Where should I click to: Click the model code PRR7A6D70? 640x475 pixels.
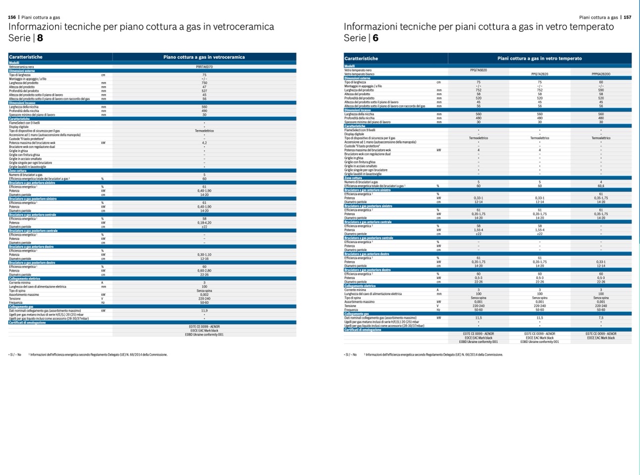tap(204, 67)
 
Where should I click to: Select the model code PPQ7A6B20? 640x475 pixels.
tap(478, 70)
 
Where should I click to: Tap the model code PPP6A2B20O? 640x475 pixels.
tap(601, 74)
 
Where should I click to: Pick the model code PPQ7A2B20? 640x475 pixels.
tap(539, 74)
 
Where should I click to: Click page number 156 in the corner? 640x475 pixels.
tap(12, 17)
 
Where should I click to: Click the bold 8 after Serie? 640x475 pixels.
tap(40, 38)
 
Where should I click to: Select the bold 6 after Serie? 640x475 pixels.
tap(375, 38)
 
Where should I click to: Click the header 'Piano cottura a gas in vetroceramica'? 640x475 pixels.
tap(204, 57)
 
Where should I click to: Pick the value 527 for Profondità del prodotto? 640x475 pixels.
tap(204, 91)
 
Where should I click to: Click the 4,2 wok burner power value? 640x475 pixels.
tap(204, 143)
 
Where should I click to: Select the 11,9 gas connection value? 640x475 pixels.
tap(204, 311)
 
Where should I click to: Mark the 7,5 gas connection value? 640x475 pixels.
tap(601, 318)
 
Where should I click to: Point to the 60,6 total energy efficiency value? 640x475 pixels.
tap(601, 186)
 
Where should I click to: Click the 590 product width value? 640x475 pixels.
tap(601, 90)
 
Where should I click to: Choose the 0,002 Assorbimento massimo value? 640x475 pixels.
tap(204, 295)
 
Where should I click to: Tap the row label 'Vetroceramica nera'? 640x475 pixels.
tap(21, 67)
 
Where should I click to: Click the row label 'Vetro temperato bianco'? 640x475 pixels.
tap(361, 74)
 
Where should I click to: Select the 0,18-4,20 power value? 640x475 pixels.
tap(204, 223)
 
